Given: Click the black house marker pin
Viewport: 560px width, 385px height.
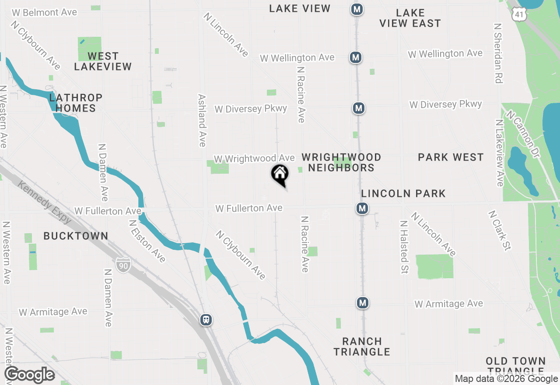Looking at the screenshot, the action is tap(280, 175).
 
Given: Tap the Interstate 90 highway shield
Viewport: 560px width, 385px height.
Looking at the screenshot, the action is tap(122, 264).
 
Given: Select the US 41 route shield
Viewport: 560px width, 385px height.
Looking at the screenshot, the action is tap(518, 14).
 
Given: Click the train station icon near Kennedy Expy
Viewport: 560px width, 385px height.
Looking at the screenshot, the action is tap(206, 320).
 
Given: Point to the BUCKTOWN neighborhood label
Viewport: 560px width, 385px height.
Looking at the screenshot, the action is tap(76, 236).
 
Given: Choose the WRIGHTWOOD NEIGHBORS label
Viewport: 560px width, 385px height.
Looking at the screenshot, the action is tap(341, 162).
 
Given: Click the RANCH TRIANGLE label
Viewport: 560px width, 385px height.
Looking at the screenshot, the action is tap(362, 346).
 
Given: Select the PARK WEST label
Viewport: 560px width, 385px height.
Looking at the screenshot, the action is tap(451, 157).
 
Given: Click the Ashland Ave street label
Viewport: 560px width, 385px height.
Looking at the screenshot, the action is tap(202, 120).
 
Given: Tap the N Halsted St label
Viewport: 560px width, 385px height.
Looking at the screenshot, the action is tap(404, 247).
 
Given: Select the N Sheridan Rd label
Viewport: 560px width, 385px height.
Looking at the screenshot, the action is tap(497, 53).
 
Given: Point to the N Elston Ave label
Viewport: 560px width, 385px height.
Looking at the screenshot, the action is tap(147, 241).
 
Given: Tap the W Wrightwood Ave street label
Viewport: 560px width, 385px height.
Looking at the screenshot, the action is tap(254, 158).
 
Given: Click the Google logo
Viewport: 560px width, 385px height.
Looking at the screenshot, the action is tap(29, 375).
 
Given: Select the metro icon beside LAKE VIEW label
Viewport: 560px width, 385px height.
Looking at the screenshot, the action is tap(357, 9).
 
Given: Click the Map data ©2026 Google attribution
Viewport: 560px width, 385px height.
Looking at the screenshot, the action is tap(506, 379).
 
